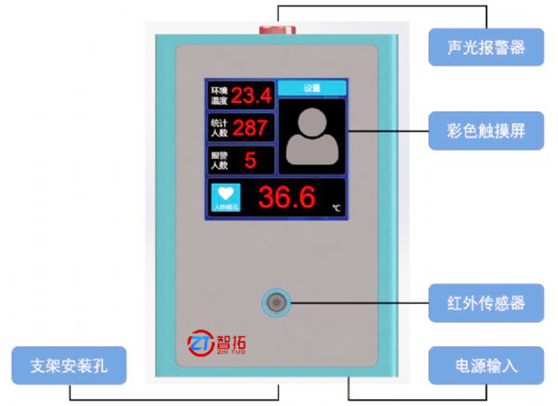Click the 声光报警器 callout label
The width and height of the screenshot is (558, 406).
tap(485, 47)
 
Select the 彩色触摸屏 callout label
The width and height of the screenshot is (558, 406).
tap(485, 130)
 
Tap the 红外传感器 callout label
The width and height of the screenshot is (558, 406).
tap(485, 303)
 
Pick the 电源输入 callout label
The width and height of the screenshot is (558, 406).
tap(485, 365)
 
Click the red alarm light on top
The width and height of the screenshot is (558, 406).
tap(278, 29)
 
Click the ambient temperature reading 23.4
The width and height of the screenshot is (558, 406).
tap(251, 96)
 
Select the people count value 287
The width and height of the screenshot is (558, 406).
tap(250, 128)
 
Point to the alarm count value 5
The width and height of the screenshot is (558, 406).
tap(250, 160)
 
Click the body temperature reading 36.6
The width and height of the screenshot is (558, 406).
tap(287, 198)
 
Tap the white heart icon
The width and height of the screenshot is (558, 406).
tap(225, 193)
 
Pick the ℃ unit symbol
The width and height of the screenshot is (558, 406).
tap(336, 208)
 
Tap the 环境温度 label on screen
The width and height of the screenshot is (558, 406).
tap(220, 96)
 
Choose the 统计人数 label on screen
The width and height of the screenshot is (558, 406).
tap(220, 128)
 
